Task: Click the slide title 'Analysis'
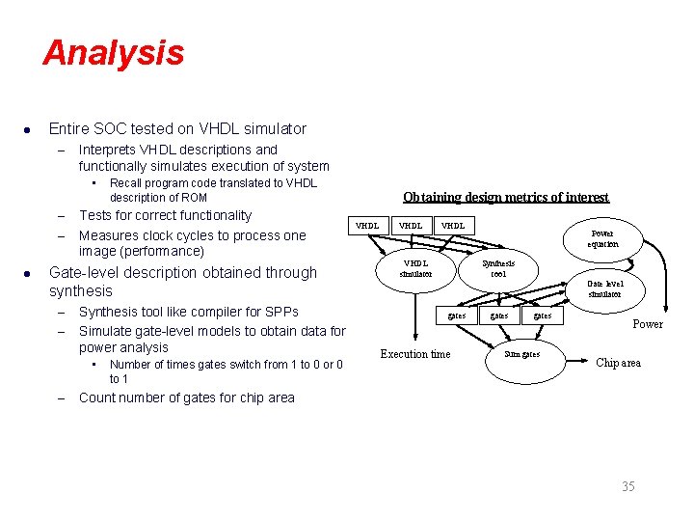(113, 52)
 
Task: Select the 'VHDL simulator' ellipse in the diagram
(416, 268)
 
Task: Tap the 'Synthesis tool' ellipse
(498, 268)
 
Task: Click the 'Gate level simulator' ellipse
(605, 288)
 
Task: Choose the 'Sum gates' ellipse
(522, 354)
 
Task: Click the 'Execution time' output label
(414, 354)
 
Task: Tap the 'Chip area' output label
(618, 363)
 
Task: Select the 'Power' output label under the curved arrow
(647, 324)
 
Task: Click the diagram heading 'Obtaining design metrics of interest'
(505, 197)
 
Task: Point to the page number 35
(627, 486)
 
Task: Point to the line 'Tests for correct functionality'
(165, 215)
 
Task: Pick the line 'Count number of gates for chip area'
(187, 398)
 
